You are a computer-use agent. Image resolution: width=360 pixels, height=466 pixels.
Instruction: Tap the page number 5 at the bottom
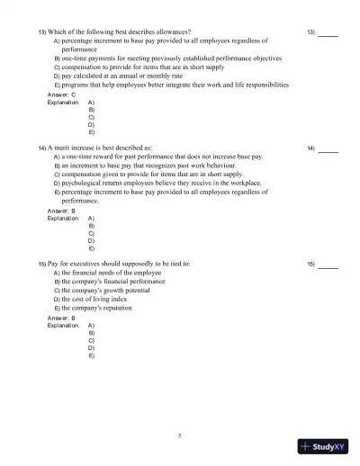point(180,435)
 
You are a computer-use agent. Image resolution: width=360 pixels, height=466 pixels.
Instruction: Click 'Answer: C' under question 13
point(62,94)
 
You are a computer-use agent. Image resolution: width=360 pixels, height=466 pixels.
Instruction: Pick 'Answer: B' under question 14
point(62,211)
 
